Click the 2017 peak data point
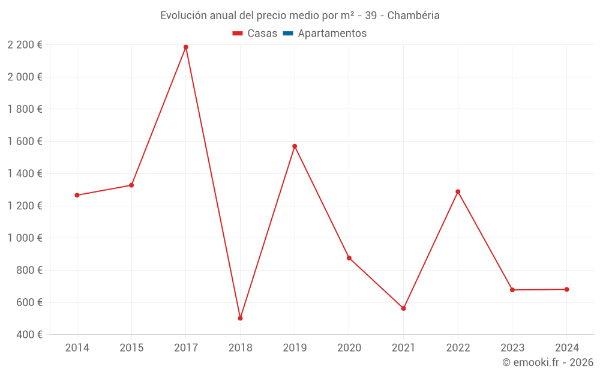pos(186,47)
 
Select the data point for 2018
pos(240,318)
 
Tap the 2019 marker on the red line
pos(295,146)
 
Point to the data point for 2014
pos(77,195)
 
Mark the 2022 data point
pos(458,191)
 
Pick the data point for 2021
pos(403,308)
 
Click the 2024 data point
pos(566,289)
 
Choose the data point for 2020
pos(349,258)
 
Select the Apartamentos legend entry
pos(332,34)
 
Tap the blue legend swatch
pos(287,34)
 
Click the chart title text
pos(300,16)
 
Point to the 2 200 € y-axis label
pos(25,44)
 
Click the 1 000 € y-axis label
pos(25,238)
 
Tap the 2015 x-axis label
pos(131,348)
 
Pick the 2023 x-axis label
pos(512,348)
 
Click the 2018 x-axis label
pos(240,348)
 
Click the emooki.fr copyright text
pos(548,362)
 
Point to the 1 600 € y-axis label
pos(25,141)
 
